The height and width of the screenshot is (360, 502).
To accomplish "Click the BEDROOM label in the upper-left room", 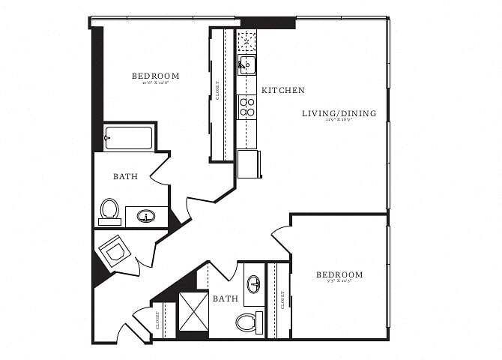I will coord(155,76).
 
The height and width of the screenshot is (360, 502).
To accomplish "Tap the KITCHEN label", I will coord(282,91).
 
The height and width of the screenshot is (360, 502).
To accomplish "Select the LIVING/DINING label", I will coord(339,114).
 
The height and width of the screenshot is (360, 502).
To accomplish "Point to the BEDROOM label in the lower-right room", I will coord(339,275).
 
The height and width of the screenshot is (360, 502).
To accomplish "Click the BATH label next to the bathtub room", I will coord(124,177).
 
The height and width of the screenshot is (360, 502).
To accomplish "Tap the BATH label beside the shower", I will coord(225,298).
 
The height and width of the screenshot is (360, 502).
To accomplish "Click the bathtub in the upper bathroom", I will coord(128,139).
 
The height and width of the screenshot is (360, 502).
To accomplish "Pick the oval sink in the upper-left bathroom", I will coord(146,217).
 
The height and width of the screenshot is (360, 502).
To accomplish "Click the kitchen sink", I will coord(247,65).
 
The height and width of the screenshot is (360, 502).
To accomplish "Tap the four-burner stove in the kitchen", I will coord(247,106).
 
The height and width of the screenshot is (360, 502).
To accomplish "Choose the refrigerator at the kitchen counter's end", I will coord(249,163).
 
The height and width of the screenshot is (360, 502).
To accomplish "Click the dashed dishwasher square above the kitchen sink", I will coord(247,40).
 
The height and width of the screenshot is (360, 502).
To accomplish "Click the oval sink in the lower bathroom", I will coord(254,284).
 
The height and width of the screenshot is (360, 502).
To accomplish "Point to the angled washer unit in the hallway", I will coord(115,250).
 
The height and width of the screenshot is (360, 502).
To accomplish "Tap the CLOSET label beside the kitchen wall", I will coord(218,91).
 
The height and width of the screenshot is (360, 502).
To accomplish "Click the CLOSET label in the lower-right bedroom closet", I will coord(282,300).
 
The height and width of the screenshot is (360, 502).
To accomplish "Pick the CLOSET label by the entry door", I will coord(157,322).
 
